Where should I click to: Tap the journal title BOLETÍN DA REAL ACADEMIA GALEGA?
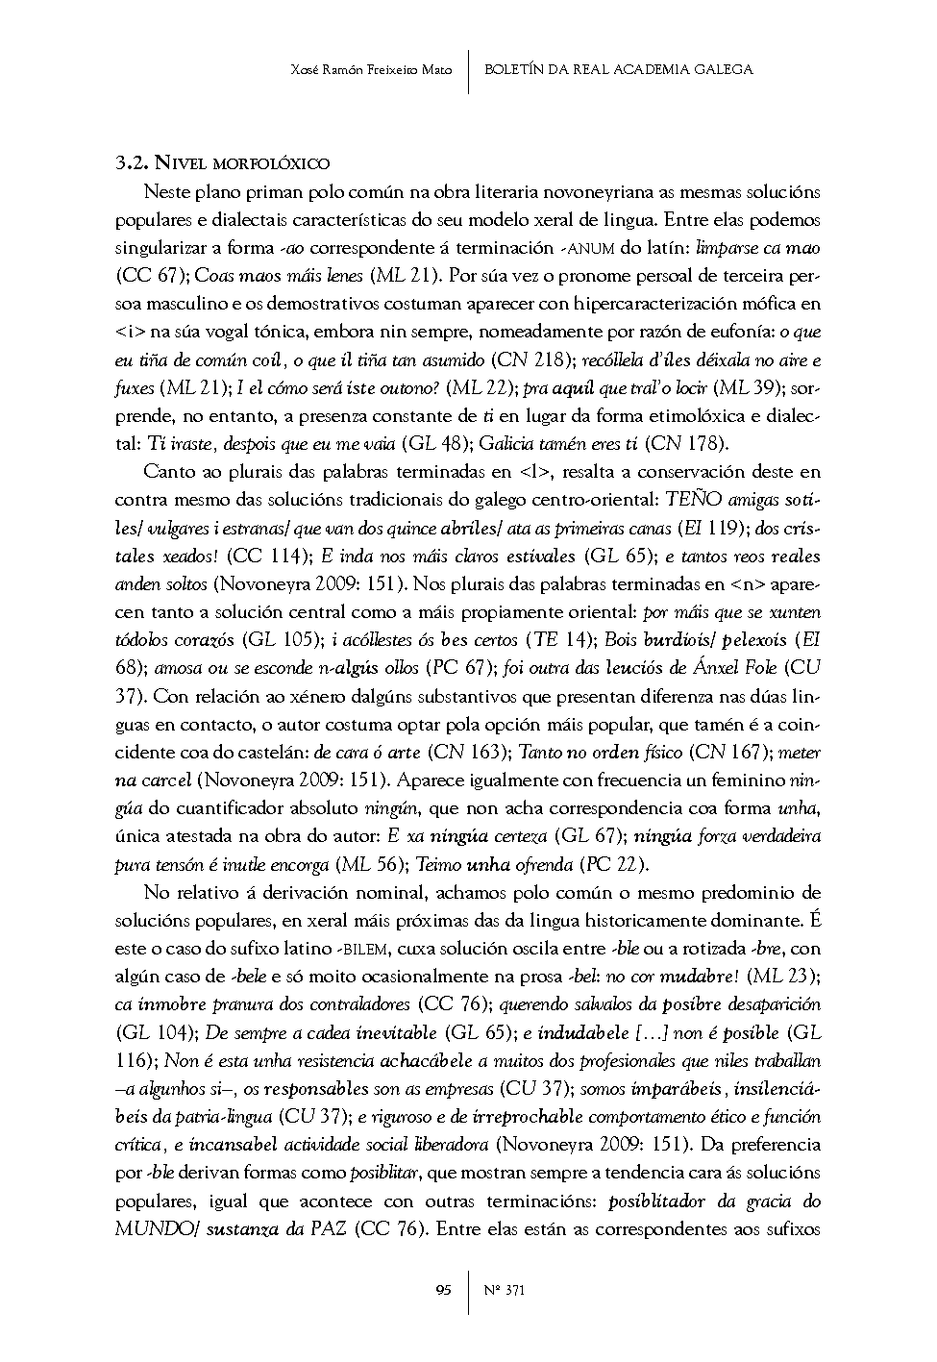pos(619,69)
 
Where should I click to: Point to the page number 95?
pos(443,1290)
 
